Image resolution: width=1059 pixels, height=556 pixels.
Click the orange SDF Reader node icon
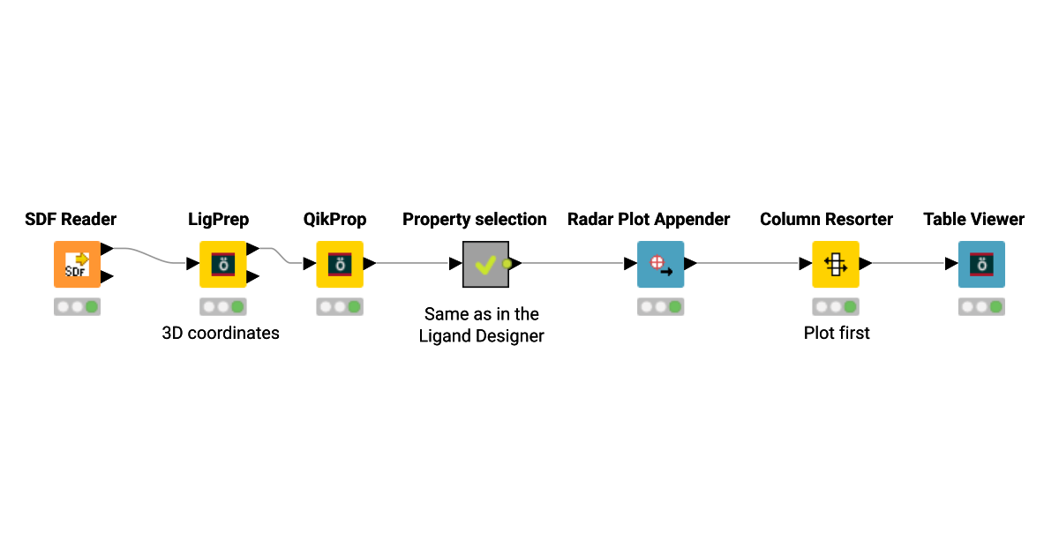click(x=77, y=264)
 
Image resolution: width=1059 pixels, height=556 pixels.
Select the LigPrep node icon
click(x=222, y=264)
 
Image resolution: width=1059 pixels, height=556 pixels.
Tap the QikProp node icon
click(x=340, y=264)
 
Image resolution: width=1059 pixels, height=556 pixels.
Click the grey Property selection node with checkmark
click(x=485, y=264)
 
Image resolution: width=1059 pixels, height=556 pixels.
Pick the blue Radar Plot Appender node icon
click(x=660, y=264)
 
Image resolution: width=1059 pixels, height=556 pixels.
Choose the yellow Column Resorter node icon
click(x=835, y=264)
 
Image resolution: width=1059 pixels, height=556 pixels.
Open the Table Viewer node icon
click(x=981, y=264)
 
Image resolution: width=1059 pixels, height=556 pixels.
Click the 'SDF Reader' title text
click(x=71, y=219)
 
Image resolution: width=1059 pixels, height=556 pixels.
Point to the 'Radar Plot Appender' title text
click(x=649, y=219)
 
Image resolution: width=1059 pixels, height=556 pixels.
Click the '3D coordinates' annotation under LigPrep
click(x=221, y=333)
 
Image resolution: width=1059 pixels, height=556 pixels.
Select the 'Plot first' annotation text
click(x=837, y=333)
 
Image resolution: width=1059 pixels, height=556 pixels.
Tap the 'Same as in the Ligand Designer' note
click(x=482, y=325)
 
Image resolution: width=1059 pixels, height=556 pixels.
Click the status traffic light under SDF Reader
click(x=77, y=307)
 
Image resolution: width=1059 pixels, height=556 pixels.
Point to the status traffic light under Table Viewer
click(x=981, y=307)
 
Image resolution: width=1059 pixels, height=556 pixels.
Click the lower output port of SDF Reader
click(x=107, y=277)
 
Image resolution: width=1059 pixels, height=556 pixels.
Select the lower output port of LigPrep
click(x=252, y=277)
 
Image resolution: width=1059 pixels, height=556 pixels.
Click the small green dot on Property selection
click(x=507, y=263)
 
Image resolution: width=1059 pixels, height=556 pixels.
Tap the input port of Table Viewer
click(x=951, y=263)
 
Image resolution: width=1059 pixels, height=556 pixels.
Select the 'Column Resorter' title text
click(x=826, y=219)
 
